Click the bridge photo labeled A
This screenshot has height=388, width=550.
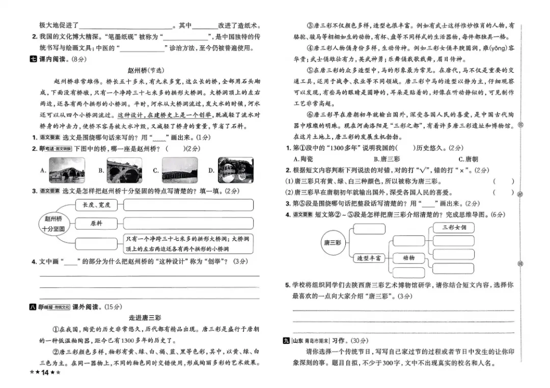67,170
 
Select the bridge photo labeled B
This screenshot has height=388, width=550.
124,170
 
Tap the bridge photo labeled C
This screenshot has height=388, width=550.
179,170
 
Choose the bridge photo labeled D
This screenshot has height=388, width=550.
235,170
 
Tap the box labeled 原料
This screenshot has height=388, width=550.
96,224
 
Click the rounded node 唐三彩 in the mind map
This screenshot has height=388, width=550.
332,242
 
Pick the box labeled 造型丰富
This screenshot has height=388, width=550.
369,258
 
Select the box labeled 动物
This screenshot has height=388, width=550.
408,258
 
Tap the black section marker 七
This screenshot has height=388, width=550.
34,59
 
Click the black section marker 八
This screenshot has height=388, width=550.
34,307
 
